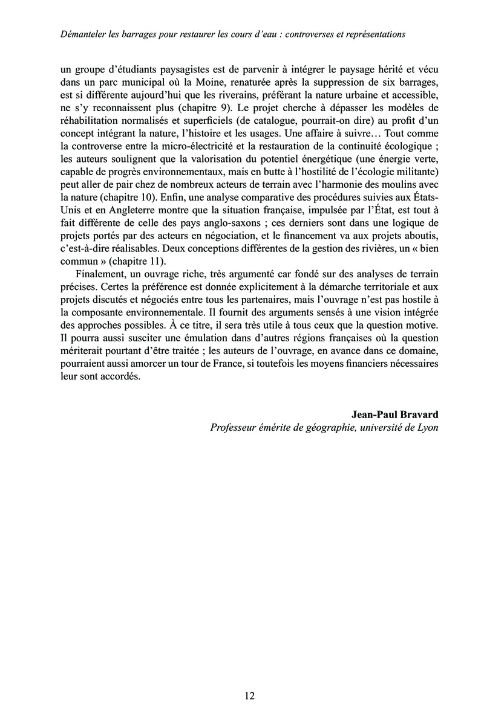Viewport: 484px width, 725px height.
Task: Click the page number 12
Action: pos(250,695)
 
